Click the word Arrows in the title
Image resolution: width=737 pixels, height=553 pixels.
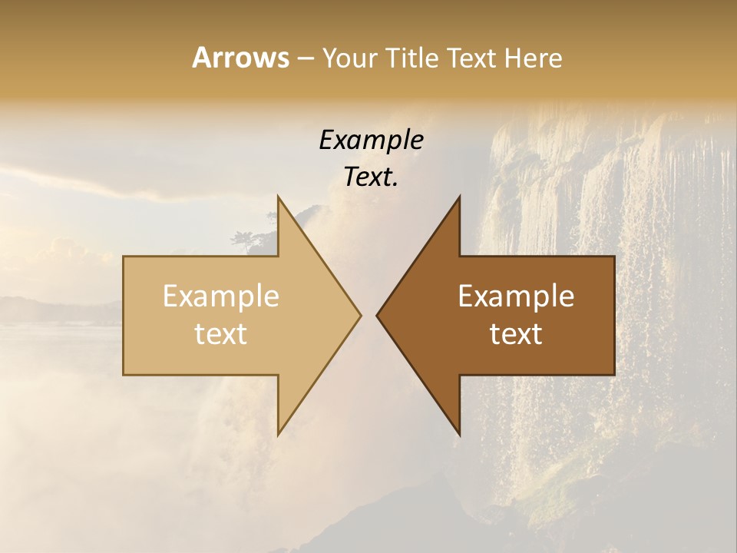coord(240,58)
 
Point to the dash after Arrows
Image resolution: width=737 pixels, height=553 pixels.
coord(305,58)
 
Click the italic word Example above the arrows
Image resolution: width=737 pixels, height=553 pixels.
coord(371,140)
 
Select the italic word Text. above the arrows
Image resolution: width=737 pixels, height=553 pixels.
coord(371,177)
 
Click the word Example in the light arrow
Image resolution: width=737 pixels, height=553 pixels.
coord(221,296)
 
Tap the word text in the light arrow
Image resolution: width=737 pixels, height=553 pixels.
coord(221,333)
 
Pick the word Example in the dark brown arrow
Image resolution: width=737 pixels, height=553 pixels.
coord(516,296)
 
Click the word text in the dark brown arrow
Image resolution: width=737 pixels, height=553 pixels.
coord(516,333)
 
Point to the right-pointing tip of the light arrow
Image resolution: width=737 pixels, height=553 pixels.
coord(359,315)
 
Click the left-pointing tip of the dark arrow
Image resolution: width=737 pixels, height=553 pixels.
coord(378,315)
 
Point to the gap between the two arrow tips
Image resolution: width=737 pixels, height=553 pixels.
coord(368,315)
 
